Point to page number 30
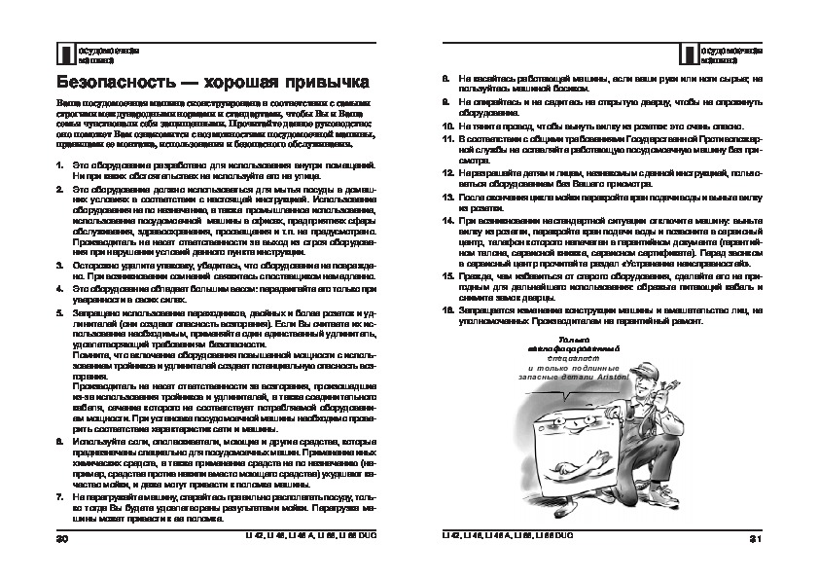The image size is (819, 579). (x=62, y=538)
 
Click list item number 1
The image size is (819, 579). (x=60, y=168)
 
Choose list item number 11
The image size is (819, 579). (x=448, y=140)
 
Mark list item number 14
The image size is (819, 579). (x=448, y=223)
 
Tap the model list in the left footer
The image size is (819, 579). (x=303, y=538)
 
